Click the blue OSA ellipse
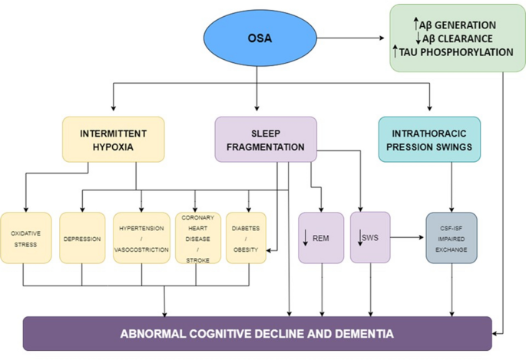[x=260, y=38]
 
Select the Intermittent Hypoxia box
[x=114, y=140]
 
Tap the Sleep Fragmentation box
[x=266, y=140]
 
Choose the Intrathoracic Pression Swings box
[x=429, y=140]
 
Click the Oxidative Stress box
[x=26, y=238]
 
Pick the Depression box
[x=82, y=238]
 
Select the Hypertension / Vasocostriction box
[x=141, y=238]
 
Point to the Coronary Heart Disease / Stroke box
[x=198, y=238]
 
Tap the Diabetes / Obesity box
[x=246, y=238]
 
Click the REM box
[x=321, y=238]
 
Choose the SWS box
[x=370, y=237]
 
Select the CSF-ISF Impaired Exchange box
[x=452, y=238]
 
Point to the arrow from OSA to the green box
[x=351, y=38]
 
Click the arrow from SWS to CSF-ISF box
[x=407, y=237]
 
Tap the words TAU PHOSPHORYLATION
[x=456, y=52]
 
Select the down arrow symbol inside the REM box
[x=306, y=238]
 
